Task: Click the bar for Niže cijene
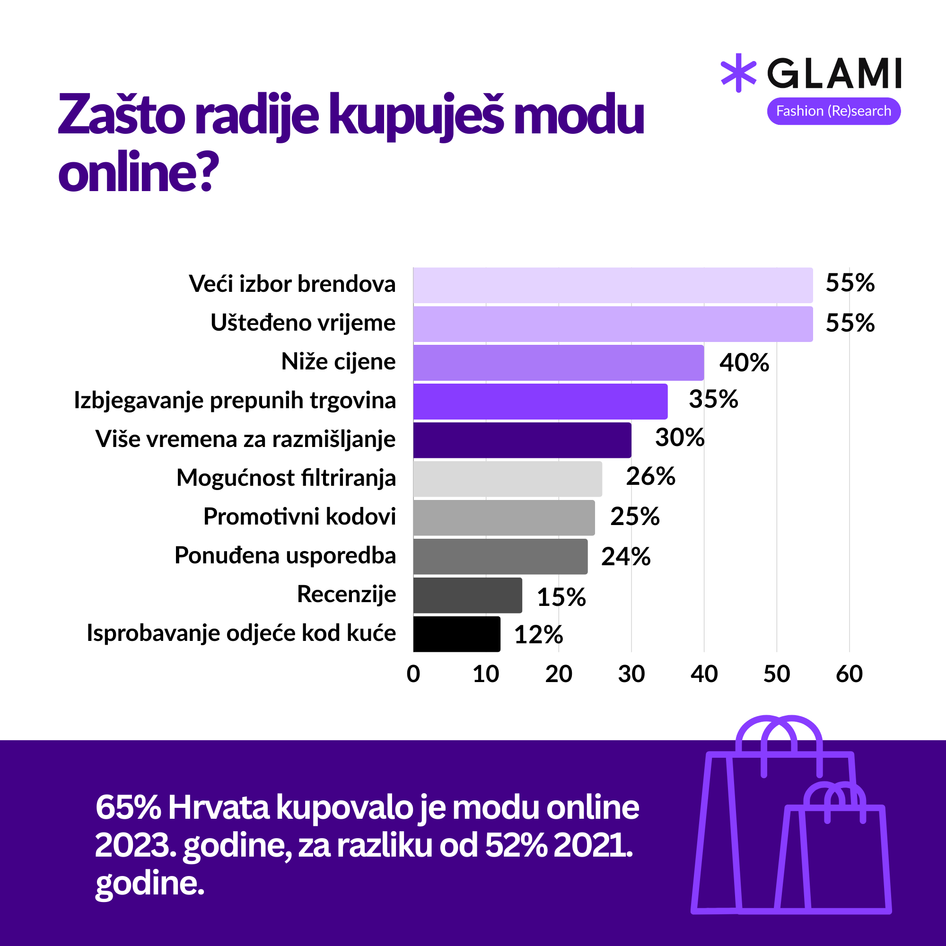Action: coord(558,362)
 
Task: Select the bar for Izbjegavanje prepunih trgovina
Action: coord(540,401)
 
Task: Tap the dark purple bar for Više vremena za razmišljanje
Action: coord(522,440)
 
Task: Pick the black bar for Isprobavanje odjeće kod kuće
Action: coord(456,634)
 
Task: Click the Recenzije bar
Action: coord(467,595)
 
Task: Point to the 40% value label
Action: coord(744,363)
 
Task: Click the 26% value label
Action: coord(650,476)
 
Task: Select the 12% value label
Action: coord(538,635)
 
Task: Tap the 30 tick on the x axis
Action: coord(631,674)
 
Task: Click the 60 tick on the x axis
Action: coord(849,674)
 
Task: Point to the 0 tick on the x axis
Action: coord(413,674)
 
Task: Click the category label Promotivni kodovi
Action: coord(299,517)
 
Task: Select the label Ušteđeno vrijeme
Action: coord(303,323)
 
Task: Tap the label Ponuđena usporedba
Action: coord(285,556)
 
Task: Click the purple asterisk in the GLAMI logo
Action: coord(738,73)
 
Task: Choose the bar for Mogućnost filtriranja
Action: coord(507,478)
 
